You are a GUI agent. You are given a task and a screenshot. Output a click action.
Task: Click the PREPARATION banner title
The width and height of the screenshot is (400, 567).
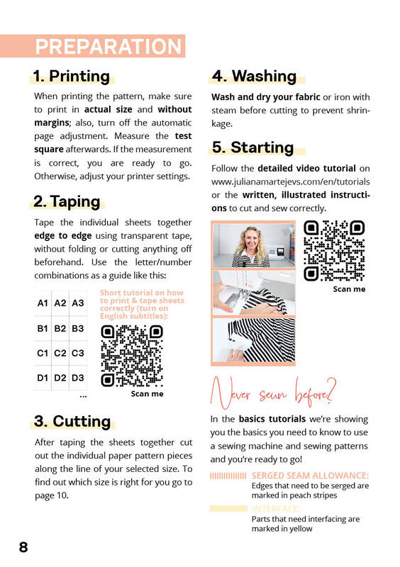tap(109, 47)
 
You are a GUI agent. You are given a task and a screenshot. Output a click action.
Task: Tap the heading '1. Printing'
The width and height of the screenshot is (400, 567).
tap(72, 77)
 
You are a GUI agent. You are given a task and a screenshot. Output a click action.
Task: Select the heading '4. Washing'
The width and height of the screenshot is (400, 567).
tap(254, 77)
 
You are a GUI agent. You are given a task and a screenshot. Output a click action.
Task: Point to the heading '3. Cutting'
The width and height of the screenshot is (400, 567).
tap(72, 421)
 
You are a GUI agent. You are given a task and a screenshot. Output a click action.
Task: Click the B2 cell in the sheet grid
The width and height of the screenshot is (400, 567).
tap(60, 328)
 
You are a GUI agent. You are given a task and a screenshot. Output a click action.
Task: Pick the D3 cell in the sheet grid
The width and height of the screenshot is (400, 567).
tap(78, 378)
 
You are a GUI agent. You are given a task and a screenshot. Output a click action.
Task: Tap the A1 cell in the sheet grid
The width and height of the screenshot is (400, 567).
tap(43, 303)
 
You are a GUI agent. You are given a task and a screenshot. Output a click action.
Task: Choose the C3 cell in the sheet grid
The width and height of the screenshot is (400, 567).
tap(78, 352)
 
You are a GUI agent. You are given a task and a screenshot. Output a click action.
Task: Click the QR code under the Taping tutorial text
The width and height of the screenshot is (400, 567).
tap(132, 356)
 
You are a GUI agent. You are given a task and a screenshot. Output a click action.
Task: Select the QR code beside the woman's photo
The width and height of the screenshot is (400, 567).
tap(334, 251)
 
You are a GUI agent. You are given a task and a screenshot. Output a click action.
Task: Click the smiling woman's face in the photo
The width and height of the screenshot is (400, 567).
tap(252, 239)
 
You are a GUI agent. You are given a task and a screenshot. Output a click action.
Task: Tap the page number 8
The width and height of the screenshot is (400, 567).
tap(23, 547)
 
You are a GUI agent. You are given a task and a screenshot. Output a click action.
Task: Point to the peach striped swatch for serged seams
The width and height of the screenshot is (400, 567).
tap(228, 476)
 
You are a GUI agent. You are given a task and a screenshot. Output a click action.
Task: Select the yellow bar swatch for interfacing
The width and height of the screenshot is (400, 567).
tap(228, 508)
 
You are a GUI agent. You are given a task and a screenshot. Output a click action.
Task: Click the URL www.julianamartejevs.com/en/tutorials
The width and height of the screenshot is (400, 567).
tap(291, 181)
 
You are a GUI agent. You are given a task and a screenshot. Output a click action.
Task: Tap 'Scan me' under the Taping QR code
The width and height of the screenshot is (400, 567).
tap(147, 393)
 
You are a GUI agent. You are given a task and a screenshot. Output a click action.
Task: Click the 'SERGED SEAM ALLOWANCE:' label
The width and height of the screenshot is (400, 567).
tap(310, 476)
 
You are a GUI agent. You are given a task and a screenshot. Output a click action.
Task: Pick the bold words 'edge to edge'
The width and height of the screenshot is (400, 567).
tap(63, 236)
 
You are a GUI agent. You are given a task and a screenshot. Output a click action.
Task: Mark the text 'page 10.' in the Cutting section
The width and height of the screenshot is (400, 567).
tap(52, 495)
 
